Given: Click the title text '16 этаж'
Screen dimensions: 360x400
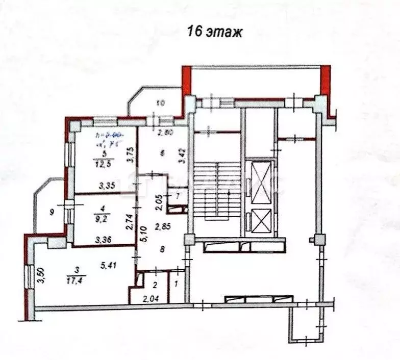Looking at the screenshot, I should pos(214,32).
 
